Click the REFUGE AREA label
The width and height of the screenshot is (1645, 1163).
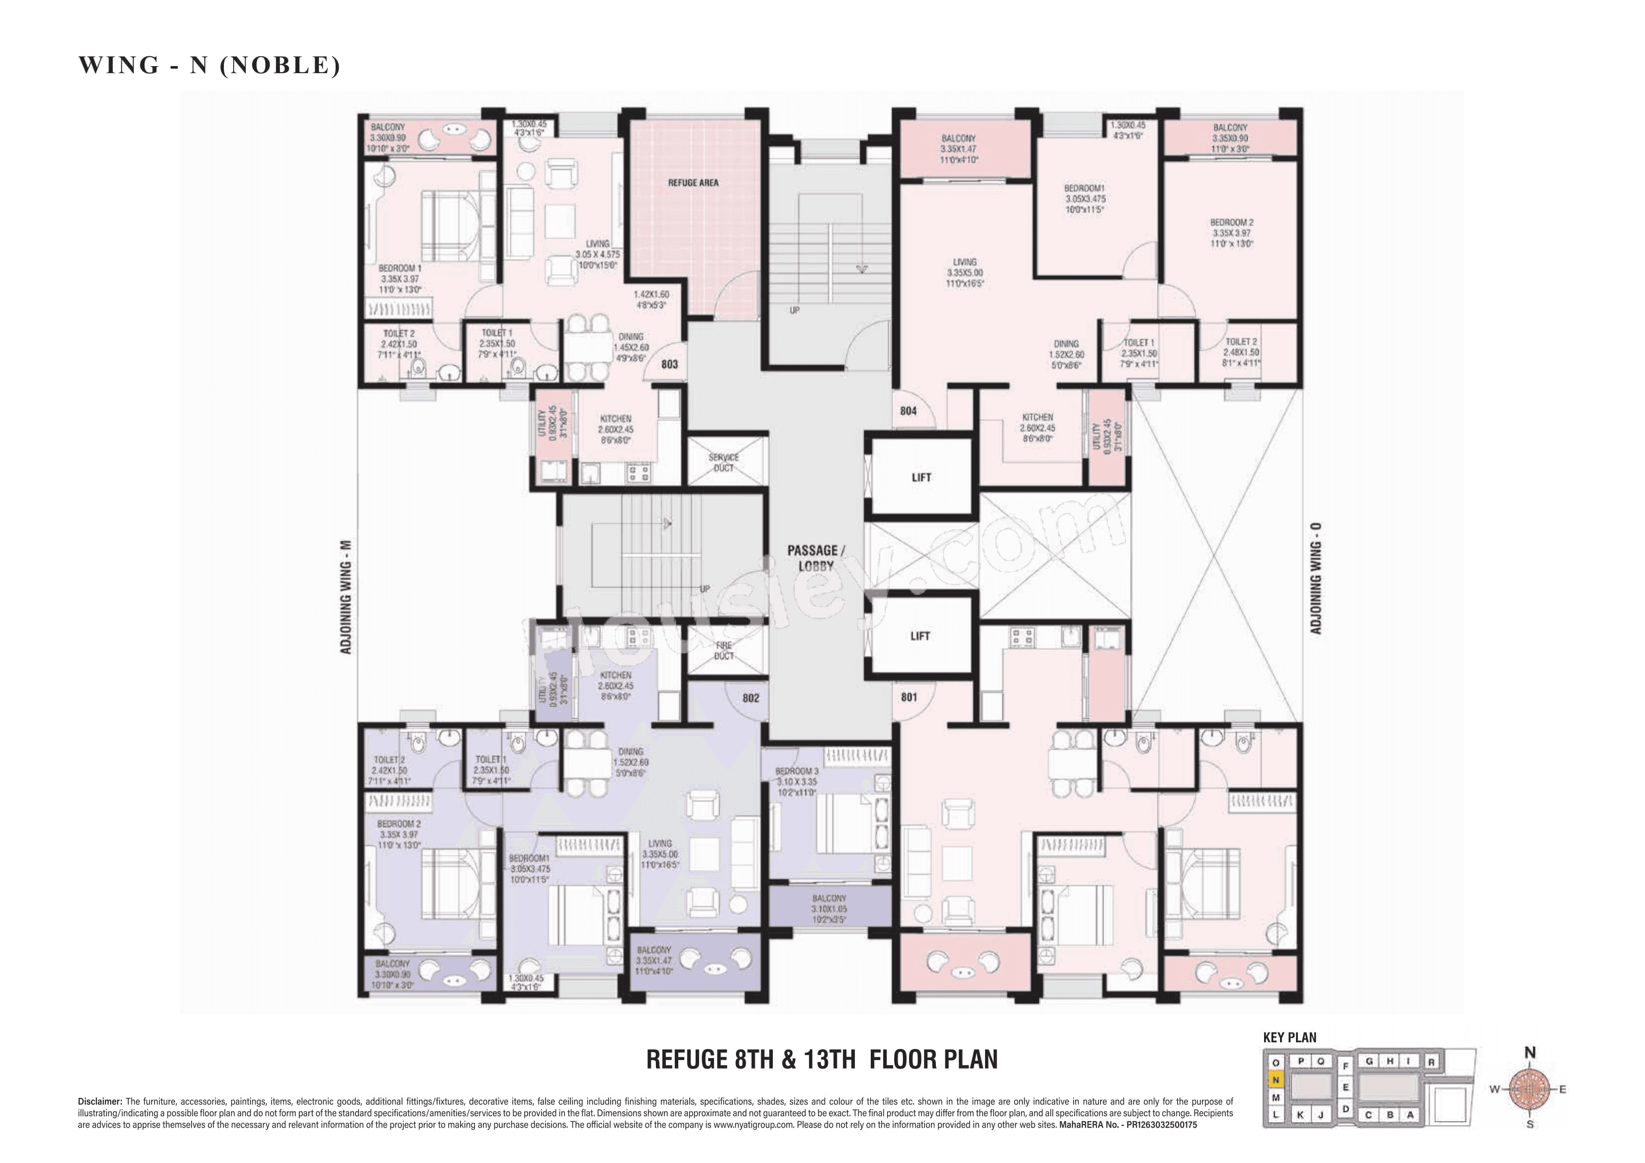point(693,182)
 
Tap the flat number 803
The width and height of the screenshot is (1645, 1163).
point(669,364)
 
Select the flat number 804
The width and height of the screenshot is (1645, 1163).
point(908,411)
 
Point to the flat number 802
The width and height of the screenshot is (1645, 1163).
point(750,698)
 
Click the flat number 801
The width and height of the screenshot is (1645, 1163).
point(909,697)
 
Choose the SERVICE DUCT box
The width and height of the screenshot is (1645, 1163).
point(724,462)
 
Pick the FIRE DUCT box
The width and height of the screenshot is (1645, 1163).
point(724,650)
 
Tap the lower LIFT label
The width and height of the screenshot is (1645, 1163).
point(920,635)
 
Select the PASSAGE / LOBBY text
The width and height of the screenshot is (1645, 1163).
point(816,557)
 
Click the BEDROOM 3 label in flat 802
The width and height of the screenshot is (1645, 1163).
point(796,771)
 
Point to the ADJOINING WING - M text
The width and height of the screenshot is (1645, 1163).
point(346,596)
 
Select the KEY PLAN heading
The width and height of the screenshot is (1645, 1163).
point(1289,1037)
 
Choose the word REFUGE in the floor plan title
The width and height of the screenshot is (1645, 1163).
point(686,1059)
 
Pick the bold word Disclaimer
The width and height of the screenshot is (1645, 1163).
point(99,1101)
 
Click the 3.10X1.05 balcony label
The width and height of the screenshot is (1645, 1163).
point(829,908)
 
